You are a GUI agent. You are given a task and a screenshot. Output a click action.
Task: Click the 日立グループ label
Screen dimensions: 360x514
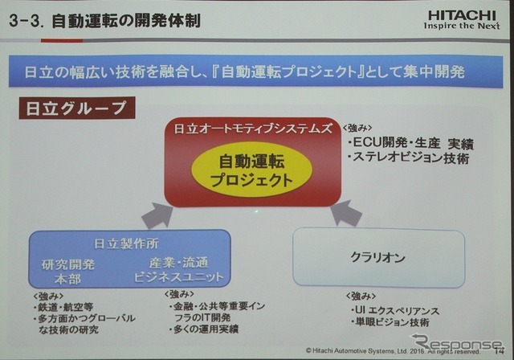[x=72, y=107]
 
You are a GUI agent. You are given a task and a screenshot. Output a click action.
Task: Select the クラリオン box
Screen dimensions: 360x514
[x=378, y=258]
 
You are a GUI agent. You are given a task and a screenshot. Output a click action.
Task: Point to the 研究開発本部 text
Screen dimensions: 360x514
[x=68, y=270]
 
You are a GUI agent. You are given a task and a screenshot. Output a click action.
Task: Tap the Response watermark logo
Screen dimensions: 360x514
[x=454, y=344]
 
